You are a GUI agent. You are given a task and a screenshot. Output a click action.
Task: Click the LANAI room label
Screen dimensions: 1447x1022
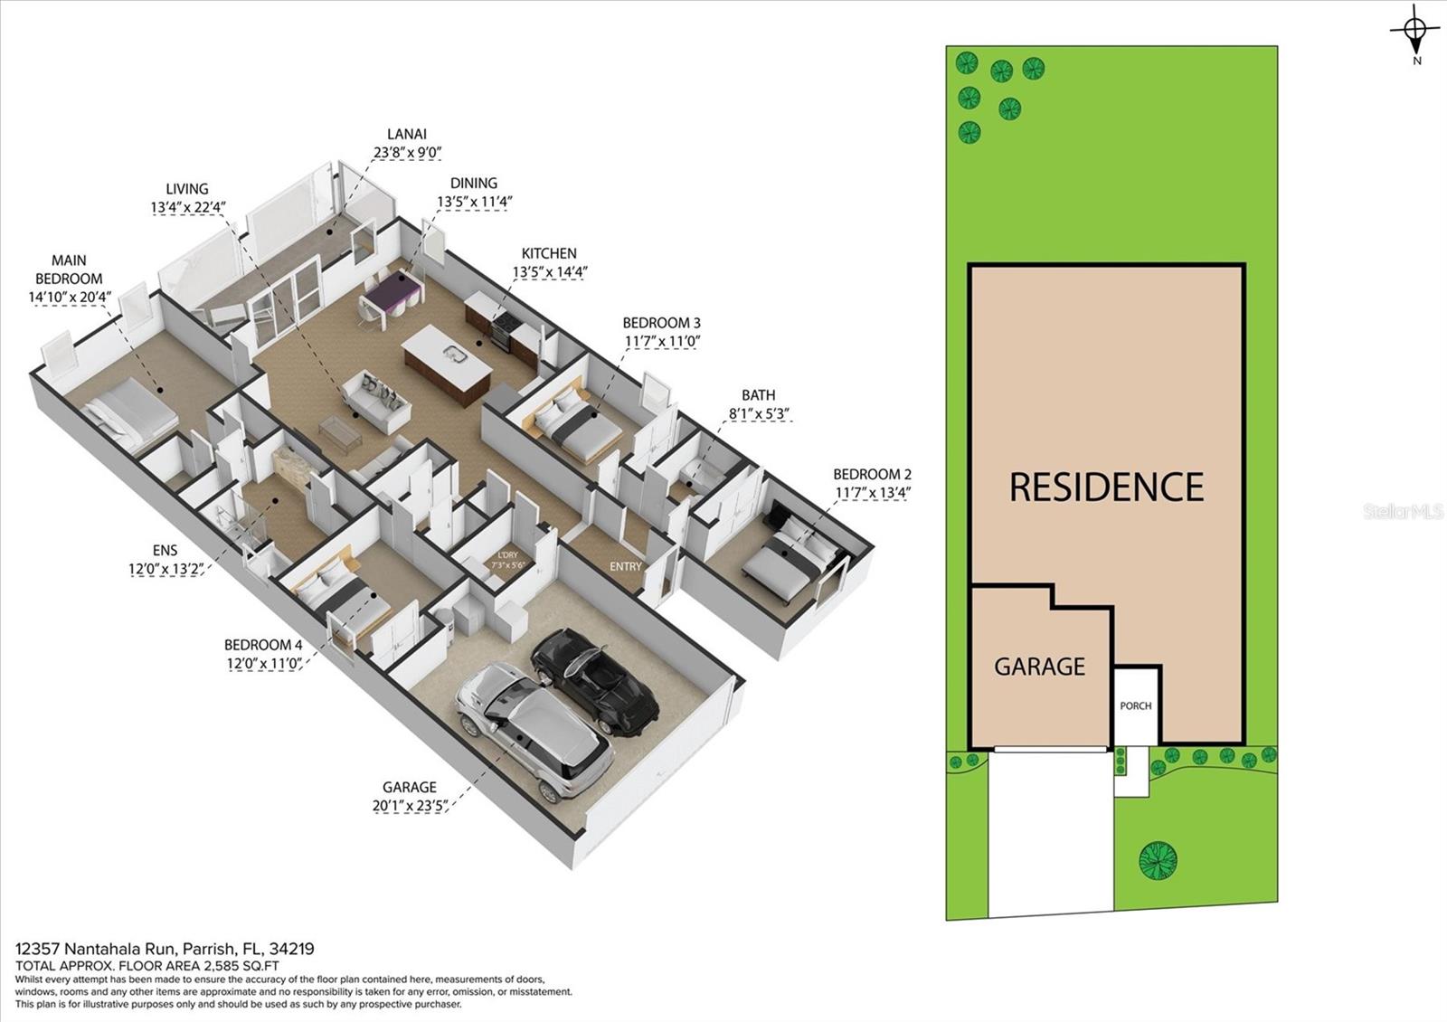407,134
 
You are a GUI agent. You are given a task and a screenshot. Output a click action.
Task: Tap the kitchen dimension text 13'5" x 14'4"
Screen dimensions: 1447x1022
550,272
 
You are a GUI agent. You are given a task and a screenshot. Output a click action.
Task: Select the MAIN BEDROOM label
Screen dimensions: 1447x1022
69,270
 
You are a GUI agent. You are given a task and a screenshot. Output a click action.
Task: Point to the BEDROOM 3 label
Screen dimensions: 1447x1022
661,322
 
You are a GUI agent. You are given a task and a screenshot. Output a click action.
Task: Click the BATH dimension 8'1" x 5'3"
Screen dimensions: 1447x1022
759,413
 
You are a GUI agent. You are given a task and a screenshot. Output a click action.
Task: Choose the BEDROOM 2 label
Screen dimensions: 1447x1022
872,474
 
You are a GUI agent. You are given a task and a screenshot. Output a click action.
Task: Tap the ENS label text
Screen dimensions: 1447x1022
166,551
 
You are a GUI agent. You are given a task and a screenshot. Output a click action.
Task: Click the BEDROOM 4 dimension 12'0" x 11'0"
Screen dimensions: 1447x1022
264,664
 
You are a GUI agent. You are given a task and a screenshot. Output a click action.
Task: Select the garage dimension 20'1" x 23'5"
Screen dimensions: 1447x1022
410,806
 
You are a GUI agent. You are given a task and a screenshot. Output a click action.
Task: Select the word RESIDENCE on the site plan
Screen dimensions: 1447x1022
1107,487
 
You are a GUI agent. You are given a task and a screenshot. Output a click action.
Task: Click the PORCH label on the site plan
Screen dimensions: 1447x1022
1136,706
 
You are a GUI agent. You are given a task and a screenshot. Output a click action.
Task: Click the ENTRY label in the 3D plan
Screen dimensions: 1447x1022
626,566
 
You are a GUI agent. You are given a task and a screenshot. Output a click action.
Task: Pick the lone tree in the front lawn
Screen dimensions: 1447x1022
1158,860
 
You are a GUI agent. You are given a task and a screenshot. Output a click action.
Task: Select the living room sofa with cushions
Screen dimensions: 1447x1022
376,402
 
